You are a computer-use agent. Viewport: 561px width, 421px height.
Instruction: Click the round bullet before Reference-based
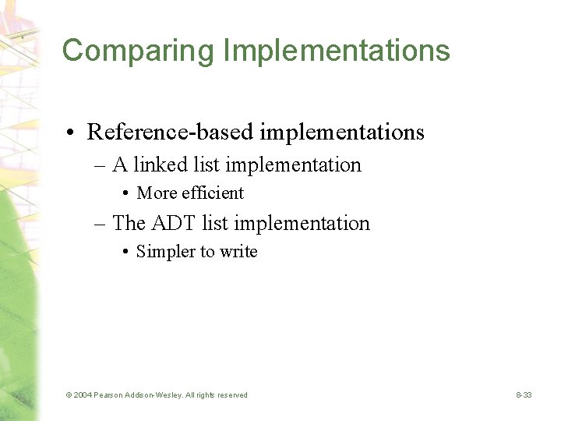[x=72, y=133]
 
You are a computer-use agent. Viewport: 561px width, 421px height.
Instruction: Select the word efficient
[x=213, y=193]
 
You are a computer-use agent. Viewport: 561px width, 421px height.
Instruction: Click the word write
[x=238, y=252]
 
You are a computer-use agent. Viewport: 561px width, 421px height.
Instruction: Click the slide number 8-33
[x=524, y=395]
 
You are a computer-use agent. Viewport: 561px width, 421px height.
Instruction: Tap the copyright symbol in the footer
[x=69, y=395]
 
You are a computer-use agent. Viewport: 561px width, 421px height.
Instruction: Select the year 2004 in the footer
[x=83, y=395]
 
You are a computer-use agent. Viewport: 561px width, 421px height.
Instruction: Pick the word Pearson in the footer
[x=109, y=395]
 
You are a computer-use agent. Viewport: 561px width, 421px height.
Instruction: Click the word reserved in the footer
[x=231, y=395]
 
